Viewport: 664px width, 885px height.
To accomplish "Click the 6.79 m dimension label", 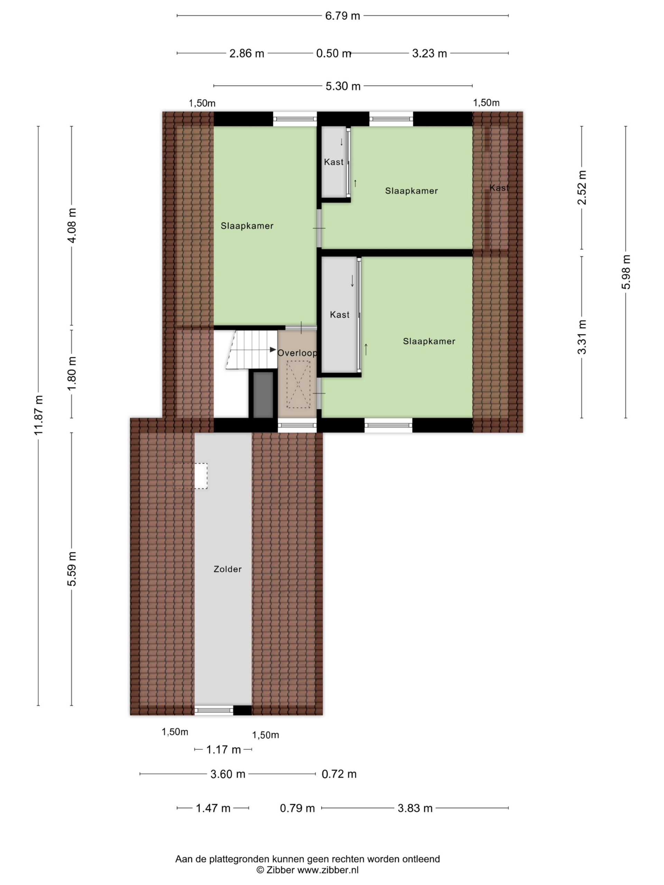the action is [342, 16].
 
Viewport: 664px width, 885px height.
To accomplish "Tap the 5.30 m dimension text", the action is [343, 86].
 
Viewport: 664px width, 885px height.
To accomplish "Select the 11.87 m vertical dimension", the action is [38, 415].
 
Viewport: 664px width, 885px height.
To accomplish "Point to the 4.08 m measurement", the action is [72, 225].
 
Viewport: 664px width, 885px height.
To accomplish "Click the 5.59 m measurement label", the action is [72, 569].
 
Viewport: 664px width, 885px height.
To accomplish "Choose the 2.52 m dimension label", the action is [582, 187].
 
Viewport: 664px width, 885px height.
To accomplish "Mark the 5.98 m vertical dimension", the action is [626, 272].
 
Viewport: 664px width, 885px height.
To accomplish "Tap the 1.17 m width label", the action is [223, 750].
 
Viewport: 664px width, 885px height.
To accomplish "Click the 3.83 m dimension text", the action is [415, 808].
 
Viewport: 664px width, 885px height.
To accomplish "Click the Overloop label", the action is [297, 353].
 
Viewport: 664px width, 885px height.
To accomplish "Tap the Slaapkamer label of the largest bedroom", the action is [247, 226].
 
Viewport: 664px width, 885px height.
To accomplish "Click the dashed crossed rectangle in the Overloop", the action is [298, 384].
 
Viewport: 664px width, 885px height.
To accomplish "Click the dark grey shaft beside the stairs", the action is [263, 394].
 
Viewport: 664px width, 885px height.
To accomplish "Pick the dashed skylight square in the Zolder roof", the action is [190, 476].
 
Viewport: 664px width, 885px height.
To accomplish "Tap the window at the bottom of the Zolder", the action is [214, 710].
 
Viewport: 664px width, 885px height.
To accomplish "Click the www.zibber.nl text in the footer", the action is [328, 870].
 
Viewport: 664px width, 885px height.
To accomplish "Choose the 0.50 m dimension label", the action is [333, 54].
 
